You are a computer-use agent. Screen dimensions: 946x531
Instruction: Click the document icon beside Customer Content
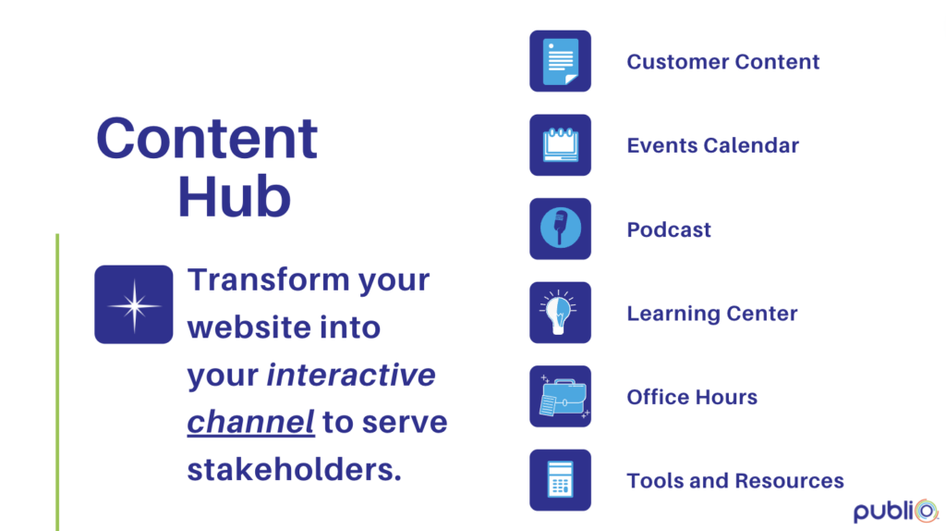[x=560, y=61]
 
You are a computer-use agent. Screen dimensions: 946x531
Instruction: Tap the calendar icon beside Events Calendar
[x=560, y=145]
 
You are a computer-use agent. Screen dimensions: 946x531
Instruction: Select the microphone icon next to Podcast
[x=560, y=228]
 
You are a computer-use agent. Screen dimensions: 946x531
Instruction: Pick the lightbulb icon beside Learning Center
[x=560, y=313]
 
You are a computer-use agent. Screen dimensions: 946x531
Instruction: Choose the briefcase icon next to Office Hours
[x=560, y=396]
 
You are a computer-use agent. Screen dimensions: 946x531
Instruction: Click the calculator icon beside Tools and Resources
[x=560, y=479]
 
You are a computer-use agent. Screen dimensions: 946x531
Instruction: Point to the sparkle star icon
[x=133, y=304]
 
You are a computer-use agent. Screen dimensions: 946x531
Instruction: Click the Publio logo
[x=896, y=511]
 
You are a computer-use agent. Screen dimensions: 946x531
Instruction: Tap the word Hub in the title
[x=234, y=196]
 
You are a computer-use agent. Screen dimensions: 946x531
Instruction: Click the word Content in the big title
[x=207, y=139]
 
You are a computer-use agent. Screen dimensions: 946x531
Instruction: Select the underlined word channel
[x=250, y=422]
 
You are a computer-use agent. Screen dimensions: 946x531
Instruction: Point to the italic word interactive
[x=351, y=375]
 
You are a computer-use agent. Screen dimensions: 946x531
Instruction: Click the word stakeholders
[x=294, y=469]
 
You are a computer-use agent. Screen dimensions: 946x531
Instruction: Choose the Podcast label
[x=669, y=229]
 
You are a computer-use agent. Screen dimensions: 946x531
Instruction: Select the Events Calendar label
[x=713, y=145]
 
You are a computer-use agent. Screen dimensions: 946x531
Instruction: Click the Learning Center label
[x=712, y=314]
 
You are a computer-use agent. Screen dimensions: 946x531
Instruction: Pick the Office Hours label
[x=692, y=397]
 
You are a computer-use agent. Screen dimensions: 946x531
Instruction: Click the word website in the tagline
[x=249, y=327]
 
